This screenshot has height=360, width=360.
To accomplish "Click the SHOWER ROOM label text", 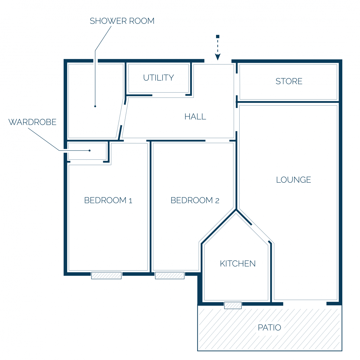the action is click(x=122, y=21).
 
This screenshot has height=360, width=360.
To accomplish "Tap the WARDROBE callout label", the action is click(x=32, y=122).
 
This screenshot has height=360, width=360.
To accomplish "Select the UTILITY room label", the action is click(x=158, y=78).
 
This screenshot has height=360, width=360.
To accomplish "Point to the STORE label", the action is click(x=289, y=81).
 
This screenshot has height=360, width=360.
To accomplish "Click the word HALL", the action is click(x=195, y=117).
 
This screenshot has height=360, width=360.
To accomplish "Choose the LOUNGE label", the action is click(x=293, y=180).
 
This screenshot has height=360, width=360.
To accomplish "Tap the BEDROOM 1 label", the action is click(x=108, y=200).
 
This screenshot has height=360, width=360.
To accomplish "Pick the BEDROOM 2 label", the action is click(x=195, y=200).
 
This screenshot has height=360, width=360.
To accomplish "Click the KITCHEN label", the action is click(x=238, y=264).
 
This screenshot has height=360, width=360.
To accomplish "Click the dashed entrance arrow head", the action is click(x=217, y=57).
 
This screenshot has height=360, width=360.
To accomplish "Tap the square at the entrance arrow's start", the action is click(x=217, y=36).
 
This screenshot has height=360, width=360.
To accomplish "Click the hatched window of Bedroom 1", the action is click(x=106, y=276).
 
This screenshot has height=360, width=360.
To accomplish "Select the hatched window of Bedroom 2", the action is click(x=169, y=276).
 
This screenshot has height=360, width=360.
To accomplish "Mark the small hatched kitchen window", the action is click(x=233, y=305).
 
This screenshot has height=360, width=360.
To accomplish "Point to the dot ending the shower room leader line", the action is click(x=95, y=106).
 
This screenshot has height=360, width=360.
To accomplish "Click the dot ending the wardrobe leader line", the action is click(x=90, y=151).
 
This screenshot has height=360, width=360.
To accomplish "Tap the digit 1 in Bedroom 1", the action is click(x=130, y=201).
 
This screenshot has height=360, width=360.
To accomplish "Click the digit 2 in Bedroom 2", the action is click(x=217, y=201).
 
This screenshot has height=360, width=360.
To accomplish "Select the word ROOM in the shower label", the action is click(x=142, y=21).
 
